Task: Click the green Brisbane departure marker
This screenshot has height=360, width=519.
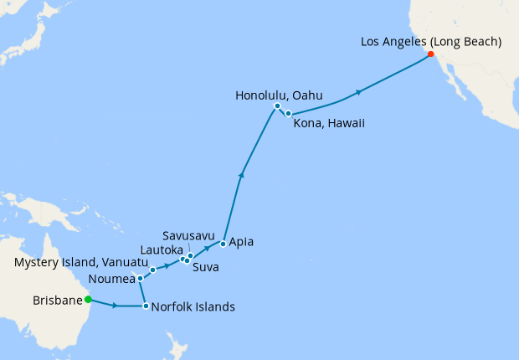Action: coord(88,300)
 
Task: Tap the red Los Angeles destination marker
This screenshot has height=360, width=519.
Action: coord(430,54)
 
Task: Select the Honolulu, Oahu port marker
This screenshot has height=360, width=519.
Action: coord(276,106)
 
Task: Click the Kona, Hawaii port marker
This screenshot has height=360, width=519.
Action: coord(288,113)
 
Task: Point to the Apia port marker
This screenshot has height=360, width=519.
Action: coord(223,244)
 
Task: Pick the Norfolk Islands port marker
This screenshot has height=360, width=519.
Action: coord(146,306)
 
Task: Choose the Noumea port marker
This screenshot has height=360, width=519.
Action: coord(140,278)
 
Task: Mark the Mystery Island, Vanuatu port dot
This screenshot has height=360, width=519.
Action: coord(153,270)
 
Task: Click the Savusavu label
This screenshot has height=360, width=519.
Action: coord(190,236)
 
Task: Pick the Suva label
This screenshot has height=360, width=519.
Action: coord(206,268)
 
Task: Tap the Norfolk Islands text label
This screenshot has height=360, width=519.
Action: coord(194,306)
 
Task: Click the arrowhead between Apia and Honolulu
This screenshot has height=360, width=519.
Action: coord(242,174)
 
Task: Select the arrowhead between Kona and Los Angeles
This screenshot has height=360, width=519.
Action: coord(358,91)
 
